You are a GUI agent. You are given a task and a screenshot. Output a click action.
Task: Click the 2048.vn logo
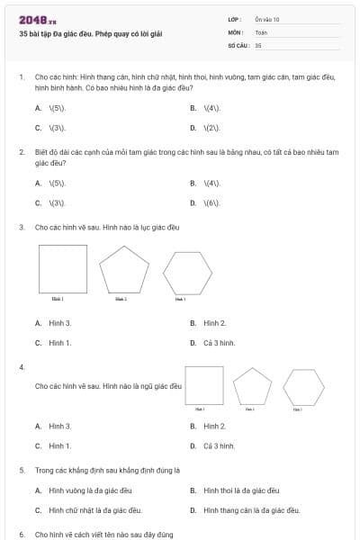click(x=38, y=20)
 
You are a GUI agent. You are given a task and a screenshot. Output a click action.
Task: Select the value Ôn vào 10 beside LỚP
click(x=267, y=19)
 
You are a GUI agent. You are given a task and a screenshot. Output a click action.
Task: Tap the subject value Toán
click(x=261, y=31)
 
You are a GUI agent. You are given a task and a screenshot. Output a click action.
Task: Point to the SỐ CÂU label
click(x=238, y=44)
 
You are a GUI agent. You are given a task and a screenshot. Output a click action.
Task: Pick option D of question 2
click(x=211, y=202)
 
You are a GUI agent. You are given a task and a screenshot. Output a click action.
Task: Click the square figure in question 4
click(x=203, y=385)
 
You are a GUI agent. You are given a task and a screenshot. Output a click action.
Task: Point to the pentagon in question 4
click(x=251, y=386)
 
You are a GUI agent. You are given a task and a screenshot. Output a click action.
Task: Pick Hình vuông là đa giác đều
click(x=90, y=490)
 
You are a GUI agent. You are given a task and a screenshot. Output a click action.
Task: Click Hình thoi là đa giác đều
click(x=241, y=490)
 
